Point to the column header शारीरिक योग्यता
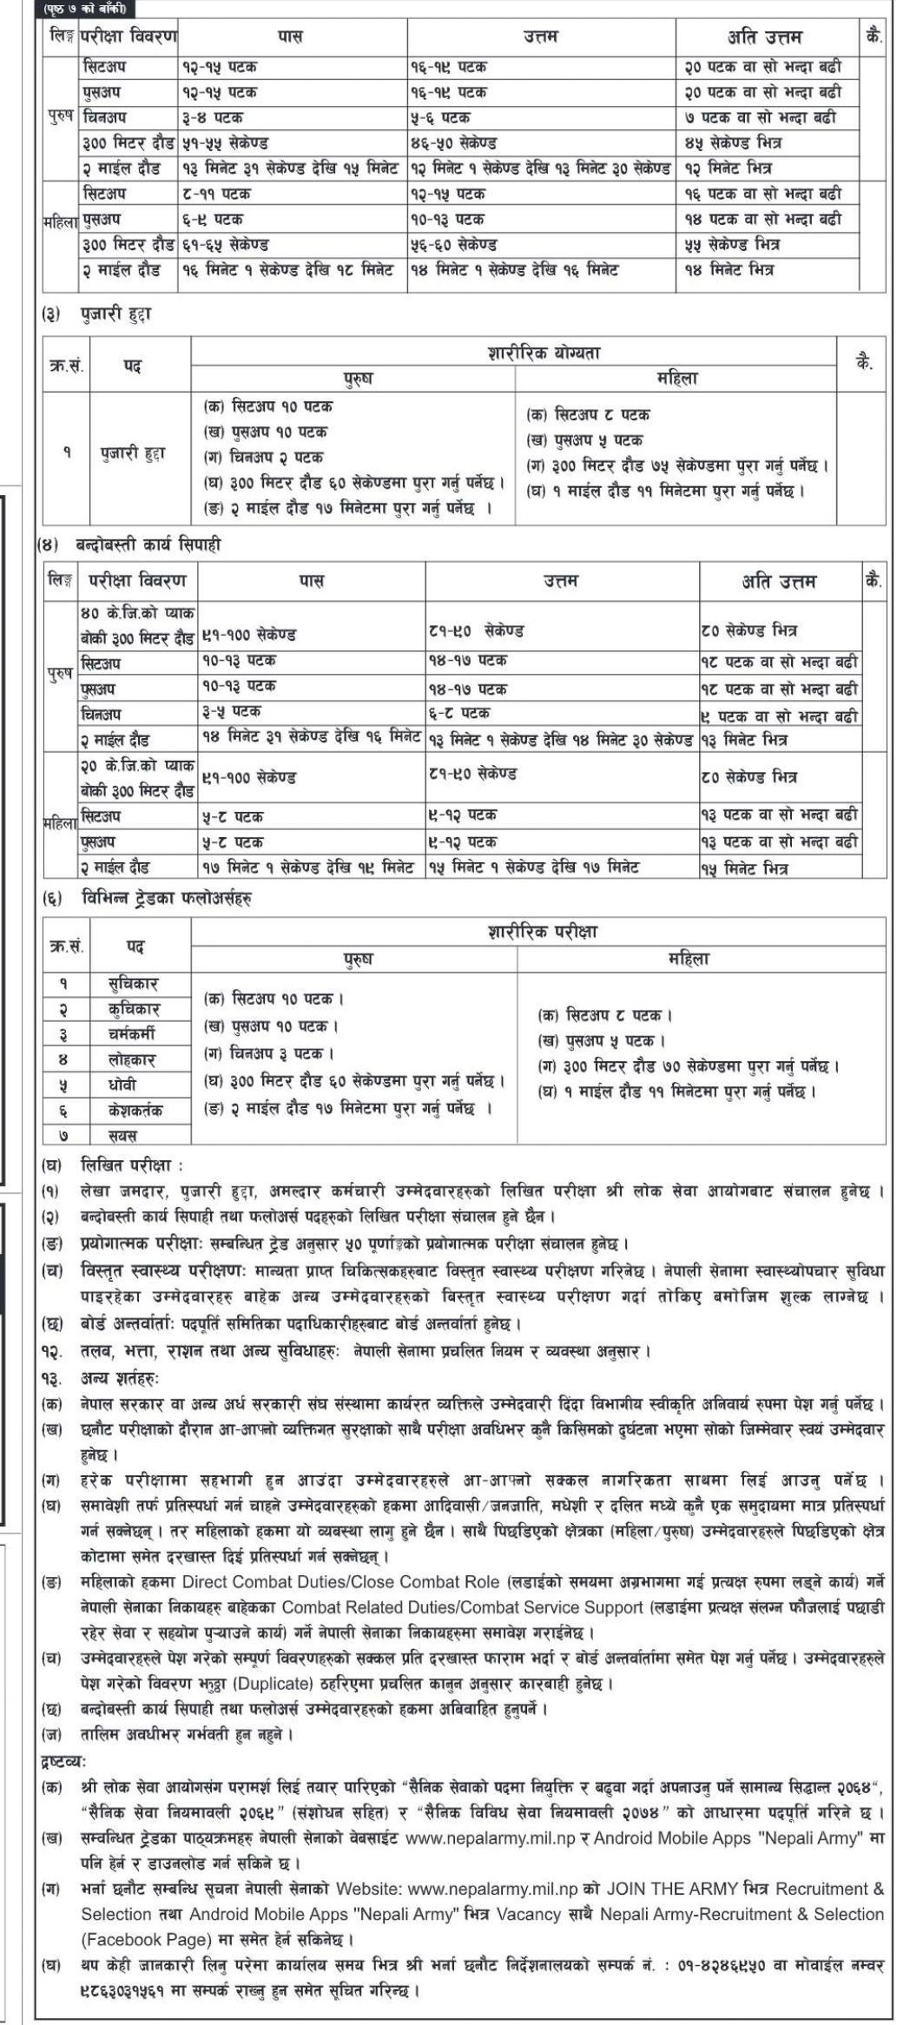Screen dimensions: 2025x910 click(544, 353)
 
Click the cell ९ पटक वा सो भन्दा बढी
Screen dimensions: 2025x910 click(779, 716)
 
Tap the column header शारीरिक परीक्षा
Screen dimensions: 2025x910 click(543, 933)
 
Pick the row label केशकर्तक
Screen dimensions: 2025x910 click(135, 1110)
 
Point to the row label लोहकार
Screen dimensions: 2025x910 click(131, 1059)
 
